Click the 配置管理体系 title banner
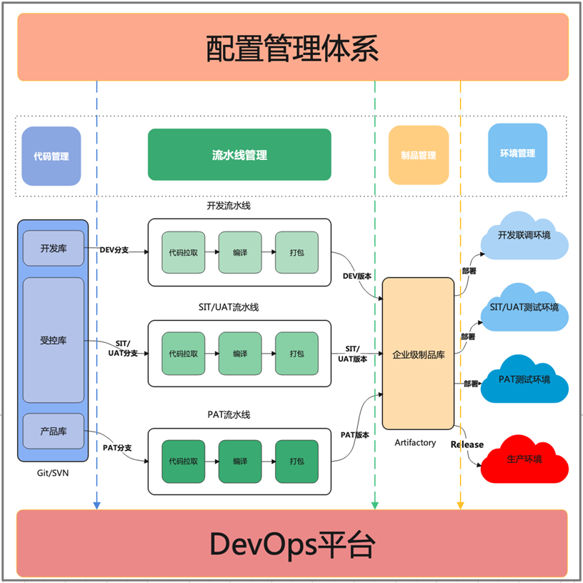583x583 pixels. point(292,47)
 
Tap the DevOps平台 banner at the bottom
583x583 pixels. point(292,544)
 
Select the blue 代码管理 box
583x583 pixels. point(51,156)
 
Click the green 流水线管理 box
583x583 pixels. point(239,154)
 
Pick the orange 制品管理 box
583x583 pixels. point(419,155)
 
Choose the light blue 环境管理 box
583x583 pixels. point(518,153)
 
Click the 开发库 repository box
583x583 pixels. point(54,249)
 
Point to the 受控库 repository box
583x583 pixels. point(54,340)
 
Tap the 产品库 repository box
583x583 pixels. point(54,432)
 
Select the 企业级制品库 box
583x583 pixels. point(419,354)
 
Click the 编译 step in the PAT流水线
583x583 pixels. point(240,461)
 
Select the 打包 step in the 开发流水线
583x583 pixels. point(297,252)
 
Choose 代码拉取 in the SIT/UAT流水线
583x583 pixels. point(184,354)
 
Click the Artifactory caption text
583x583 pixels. point(415,442)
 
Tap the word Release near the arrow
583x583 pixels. point(467,444)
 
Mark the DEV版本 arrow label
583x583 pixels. point(355,276)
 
